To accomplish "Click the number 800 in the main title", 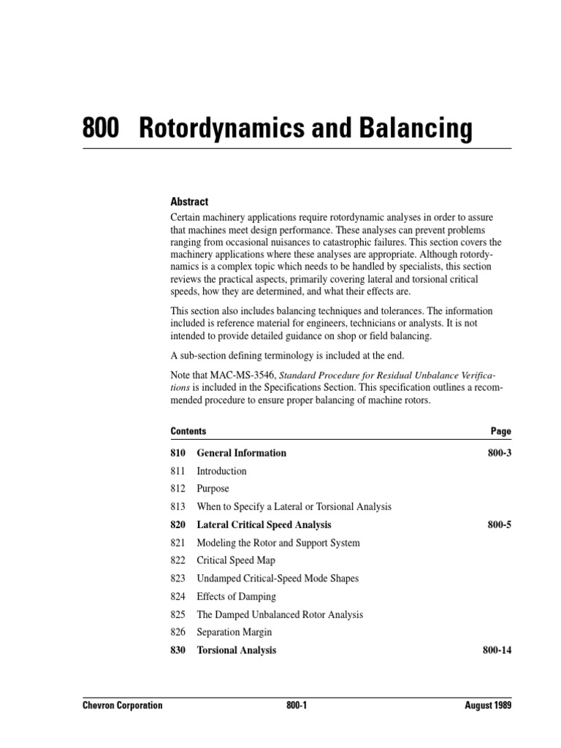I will (x=102, y=129).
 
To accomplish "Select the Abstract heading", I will (x=189, y=202).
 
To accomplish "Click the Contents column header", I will (x=188, y=431).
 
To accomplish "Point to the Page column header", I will (x=501, y=431).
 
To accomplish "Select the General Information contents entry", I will (x=241, y=453).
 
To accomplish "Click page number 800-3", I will (x=500, y=453).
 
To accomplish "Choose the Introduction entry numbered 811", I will (x=221, y=471).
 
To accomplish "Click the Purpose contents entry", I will (x=213, y=489).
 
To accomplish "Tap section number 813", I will (x=178, y=506).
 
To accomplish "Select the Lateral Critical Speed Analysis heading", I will (x=264, y=524).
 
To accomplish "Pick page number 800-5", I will (x=500, y=524).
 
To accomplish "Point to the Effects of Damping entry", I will (x=237, y=596).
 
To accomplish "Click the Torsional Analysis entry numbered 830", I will (x=236, y=650).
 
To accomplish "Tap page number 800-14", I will (x=497, y=650).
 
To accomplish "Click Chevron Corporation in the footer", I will (x=122, y=706).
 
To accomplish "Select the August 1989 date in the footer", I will (x=487, y=706).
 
